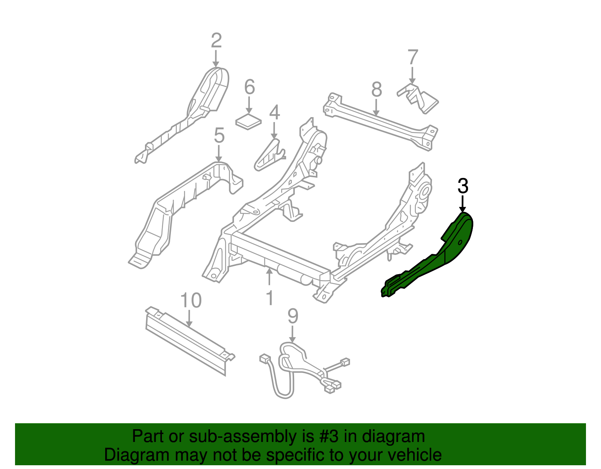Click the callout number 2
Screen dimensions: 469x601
coord(216,41)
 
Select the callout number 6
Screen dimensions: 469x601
coord(249,87)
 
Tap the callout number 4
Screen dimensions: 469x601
coord(275,112)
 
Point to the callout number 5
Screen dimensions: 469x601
coord(219,136)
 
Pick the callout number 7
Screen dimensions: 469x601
coord(412,57)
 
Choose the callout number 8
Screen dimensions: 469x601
coord(376,90)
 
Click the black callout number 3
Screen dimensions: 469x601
coord(463,187)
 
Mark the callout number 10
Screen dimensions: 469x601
coord(191,300)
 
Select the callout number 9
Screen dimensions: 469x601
coord(293,316)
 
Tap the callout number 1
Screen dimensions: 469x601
coord(269,298)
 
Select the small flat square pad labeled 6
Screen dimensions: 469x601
coord(248,122)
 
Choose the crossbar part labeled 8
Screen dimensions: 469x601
coord(379,120)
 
